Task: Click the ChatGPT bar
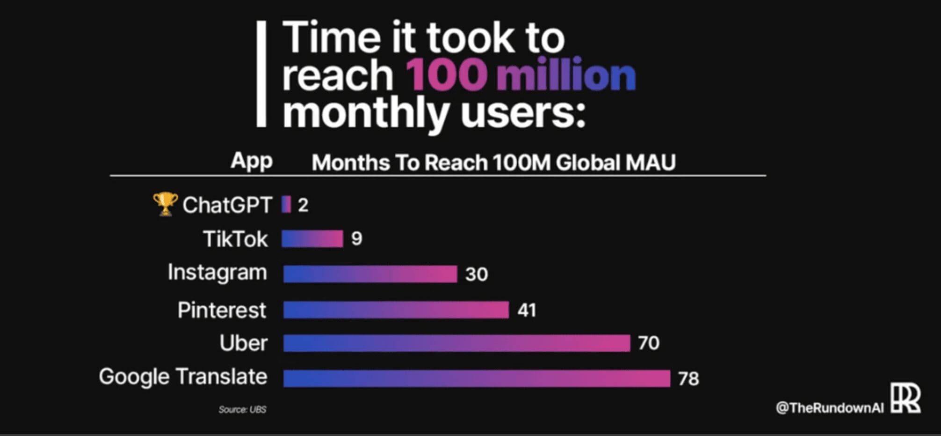286,205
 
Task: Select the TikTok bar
312,239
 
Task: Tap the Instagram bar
369,274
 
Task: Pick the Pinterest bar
396,310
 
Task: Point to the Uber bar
456,343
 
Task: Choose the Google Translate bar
477,378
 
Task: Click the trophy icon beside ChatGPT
165,204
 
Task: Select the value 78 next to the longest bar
688,378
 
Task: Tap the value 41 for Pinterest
527,310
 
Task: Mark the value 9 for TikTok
356,239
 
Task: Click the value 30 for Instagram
476,274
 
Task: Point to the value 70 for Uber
648,343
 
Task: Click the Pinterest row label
222,310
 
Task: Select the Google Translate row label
183,377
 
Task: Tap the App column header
251,162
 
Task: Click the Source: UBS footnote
242,409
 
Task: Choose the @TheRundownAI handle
829,408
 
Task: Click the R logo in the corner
905,398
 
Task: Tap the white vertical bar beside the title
261,74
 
